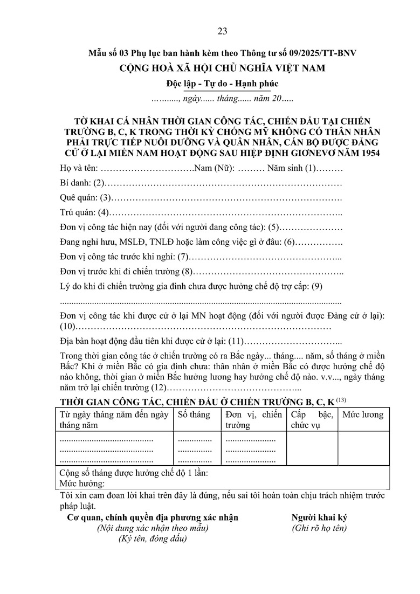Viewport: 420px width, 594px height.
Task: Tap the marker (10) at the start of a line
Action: pos(68,327)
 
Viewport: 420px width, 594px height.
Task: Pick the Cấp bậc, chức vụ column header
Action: pos(312,420)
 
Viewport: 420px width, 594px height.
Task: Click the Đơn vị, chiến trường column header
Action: pos(253,420)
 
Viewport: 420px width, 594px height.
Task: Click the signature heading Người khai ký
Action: pos(319,517)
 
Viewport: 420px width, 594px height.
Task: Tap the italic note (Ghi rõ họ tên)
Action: pos(319,528)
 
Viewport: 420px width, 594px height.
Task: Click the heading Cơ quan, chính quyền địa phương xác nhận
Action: pos(153,517)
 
